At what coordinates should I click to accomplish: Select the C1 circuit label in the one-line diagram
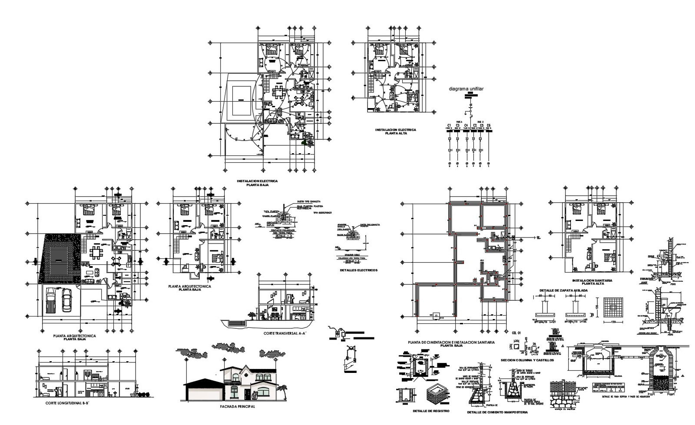449,126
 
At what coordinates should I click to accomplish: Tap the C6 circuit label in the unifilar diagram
489,126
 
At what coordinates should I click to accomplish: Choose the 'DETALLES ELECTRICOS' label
358,270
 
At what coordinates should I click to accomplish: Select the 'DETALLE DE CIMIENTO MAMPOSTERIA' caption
497,412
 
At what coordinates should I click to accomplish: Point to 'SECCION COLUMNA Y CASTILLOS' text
527,360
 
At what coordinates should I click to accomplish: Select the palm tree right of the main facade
283,390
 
